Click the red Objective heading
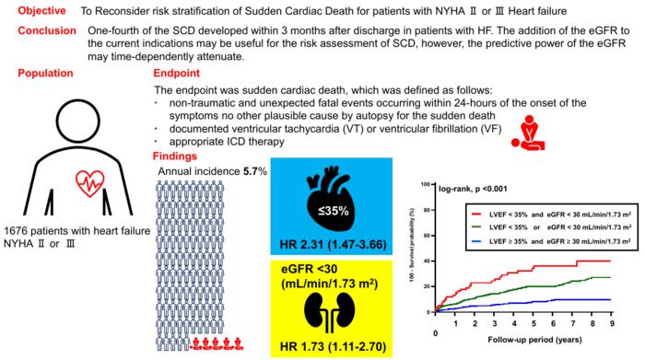(x=41, y=11)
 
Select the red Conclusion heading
(x=47, y=30)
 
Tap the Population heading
(x=45, y=73)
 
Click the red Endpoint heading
(x=177, y=73)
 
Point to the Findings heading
(x=175, y=157)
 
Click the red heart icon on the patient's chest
(x=90, y=183)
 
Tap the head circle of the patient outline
(x=77, y=121)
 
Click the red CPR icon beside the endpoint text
(x=528, y=133)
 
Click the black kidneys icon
(x=330, y=312)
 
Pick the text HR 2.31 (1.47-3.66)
(x=333, y=245)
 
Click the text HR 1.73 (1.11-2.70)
(x=333, y=347)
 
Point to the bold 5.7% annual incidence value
(x=255, y=171)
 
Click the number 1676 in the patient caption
(x=16, y=231)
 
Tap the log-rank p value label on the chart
(x=473, y=189)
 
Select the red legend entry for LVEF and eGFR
(x=551, y=215)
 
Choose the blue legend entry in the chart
(x=551, y=241)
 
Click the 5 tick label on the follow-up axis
(x=534, y=324)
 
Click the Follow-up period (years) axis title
(x=534, y=340)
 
